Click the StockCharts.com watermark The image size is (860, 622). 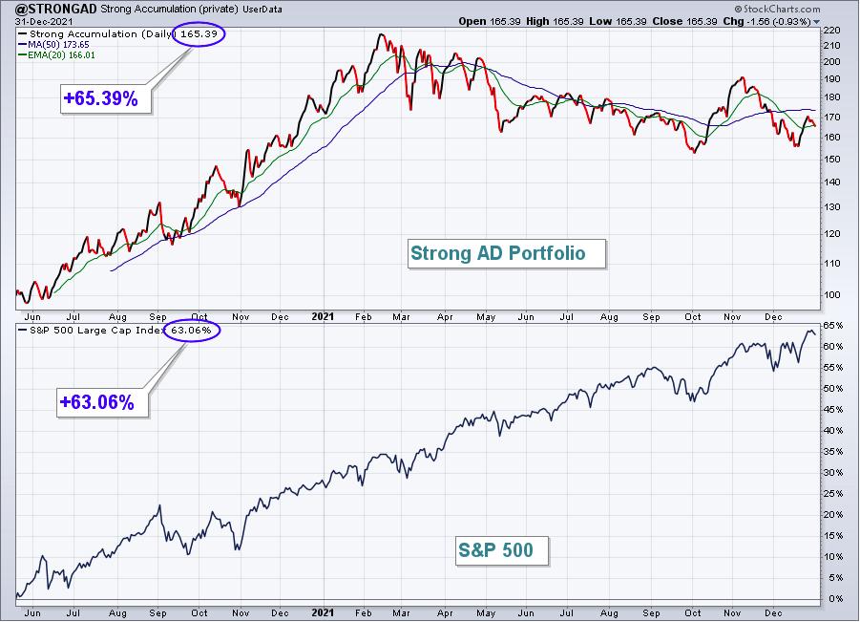777,9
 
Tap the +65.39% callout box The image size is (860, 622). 105,98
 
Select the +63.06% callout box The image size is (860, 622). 102,402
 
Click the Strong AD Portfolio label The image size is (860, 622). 506,253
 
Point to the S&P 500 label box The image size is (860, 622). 502,550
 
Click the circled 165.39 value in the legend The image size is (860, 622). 199,34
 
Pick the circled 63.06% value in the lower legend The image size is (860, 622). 192,330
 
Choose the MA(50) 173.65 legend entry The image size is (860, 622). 53,45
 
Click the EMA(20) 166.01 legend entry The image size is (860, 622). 57,54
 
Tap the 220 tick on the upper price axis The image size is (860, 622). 831,31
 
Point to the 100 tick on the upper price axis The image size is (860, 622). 831,295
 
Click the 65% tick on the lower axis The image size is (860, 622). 832,326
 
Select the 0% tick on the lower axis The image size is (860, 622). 835,598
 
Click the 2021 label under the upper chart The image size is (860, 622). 323,316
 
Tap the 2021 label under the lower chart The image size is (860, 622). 323,612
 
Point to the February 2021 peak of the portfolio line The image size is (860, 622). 381,35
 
